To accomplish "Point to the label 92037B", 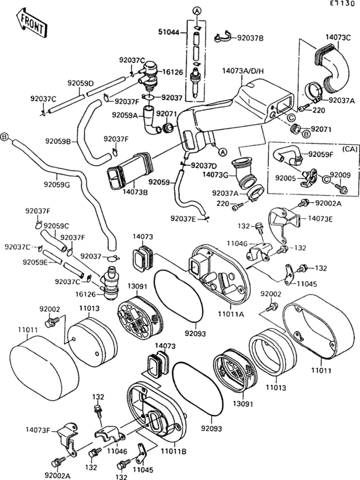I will pos(249,38).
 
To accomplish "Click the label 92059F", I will pos(320,154).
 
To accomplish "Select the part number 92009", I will pos(340,174).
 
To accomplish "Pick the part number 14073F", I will pos(39,429).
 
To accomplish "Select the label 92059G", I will pos(57,185).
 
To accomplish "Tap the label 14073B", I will pos(135,192).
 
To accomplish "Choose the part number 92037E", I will pos(184,219).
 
